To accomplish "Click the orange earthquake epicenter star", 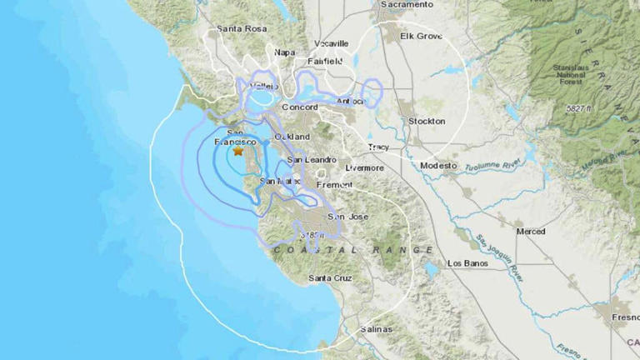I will coord(238,152).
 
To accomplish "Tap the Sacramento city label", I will coord(407,5).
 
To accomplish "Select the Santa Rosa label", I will coord(241,29).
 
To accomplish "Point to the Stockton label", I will coord(427,121).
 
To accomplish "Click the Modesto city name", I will coord(438,166).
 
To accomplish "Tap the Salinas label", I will coord(374,329).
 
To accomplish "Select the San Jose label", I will coord(346,217).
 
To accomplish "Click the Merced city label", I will coord(530,231).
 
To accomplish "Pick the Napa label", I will coord(285,52).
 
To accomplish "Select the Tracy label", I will coord(378,147).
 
